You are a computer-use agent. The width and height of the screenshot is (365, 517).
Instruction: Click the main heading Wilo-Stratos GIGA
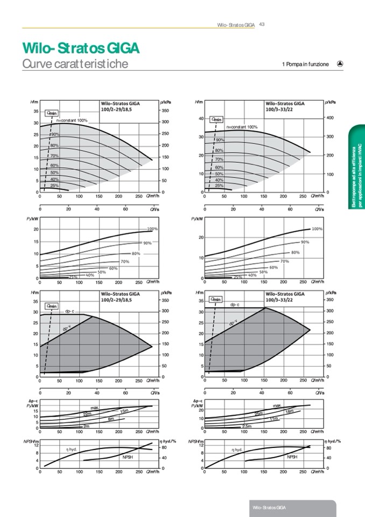pyautogui.click(x=81, y=49)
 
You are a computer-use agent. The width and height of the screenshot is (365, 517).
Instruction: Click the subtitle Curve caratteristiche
pyautogui.click(x=75, y=64)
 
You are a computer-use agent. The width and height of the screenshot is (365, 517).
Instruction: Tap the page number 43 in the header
pyautogui.click(x=262, y=24)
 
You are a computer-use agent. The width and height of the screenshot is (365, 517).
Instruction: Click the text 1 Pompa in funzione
pyautogui.click(x=305, y=64)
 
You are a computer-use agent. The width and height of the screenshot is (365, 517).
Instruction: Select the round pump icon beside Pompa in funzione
pyautogui.click(x=340, y=64)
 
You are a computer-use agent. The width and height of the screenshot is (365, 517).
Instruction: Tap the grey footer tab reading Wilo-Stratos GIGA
pyautogui.click(x=270, y=508)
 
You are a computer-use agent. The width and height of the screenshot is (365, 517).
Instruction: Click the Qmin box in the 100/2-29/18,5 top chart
pyautogui.click(x=52, y=113)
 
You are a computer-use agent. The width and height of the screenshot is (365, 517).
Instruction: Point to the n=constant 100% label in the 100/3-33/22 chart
pyautogui.click(x=242, y=127)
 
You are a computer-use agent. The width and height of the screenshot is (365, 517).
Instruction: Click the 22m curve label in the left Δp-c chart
pyautogui.click(x=87, y=413)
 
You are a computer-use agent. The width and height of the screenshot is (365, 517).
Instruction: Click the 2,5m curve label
pyautogui.click(x=247, y=426)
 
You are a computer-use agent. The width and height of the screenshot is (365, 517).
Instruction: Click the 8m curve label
pyautogui.click(x=111, y=419)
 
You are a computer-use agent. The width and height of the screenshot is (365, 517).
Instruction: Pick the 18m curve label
pyautogui.click(x=289, y=411)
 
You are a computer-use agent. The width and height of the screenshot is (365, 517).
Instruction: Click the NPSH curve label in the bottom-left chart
pyautogui.click(x=128, y=457)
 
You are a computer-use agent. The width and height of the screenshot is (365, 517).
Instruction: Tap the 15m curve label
pyautogui.click(x=124, y=411)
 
